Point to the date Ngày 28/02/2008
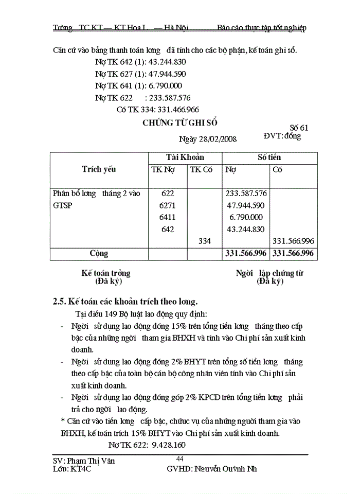[207, 139]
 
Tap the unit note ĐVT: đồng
[282, 136]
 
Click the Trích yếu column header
[99, 169]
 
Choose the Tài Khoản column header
[185, 157]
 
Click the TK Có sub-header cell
[201, 170]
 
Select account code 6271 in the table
[168, 205]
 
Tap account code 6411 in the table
[168, 217]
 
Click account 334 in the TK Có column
[204, 241]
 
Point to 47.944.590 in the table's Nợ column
[246, 205]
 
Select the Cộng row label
[99, 254]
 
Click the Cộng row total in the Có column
[294, 254]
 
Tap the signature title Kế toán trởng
[106, 273]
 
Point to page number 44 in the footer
[180, 459]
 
